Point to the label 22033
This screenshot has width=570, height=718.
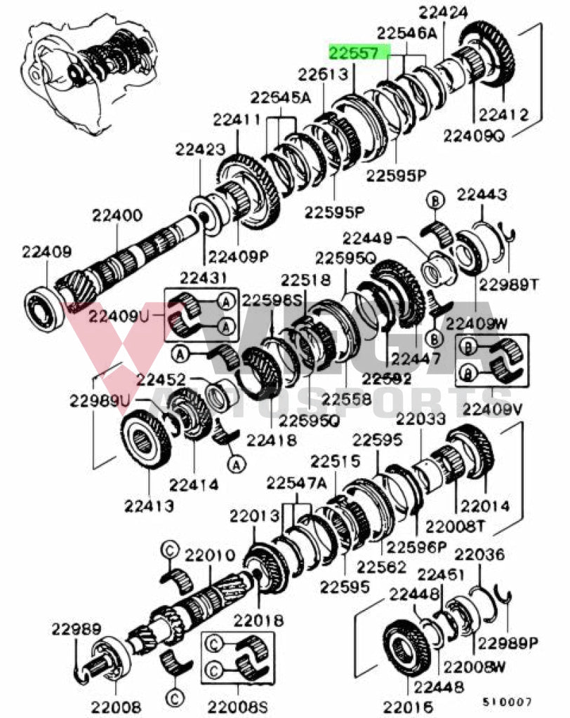click(x=420, y=419)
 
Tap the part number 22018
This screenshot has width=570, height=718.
click(x=259, y=620)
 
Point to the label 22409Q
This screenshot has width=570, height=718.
click(x=473, y=135)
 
